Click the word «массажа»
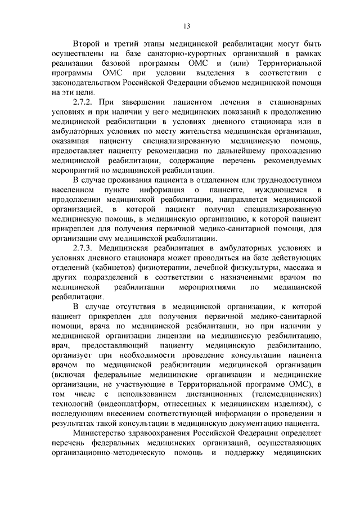(296, 268)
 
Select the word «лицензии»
(147, 336)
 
